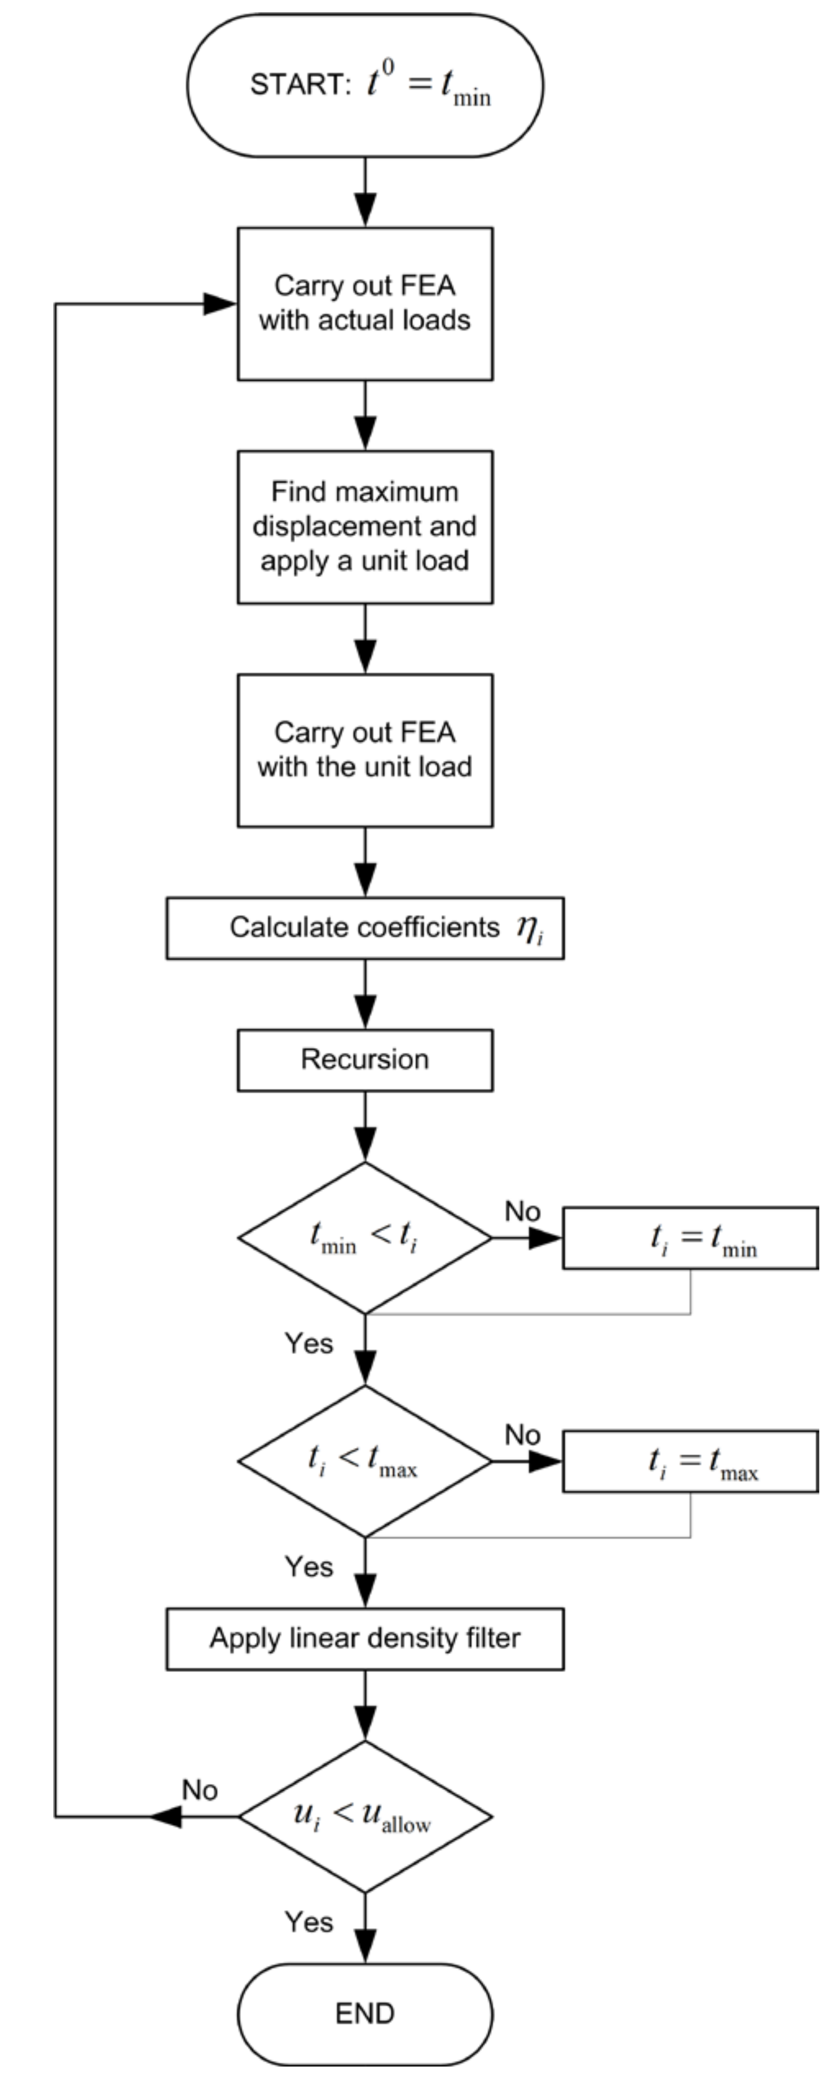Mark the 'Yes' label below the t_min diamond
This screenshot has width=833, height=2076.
(x=309, y=1344)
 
